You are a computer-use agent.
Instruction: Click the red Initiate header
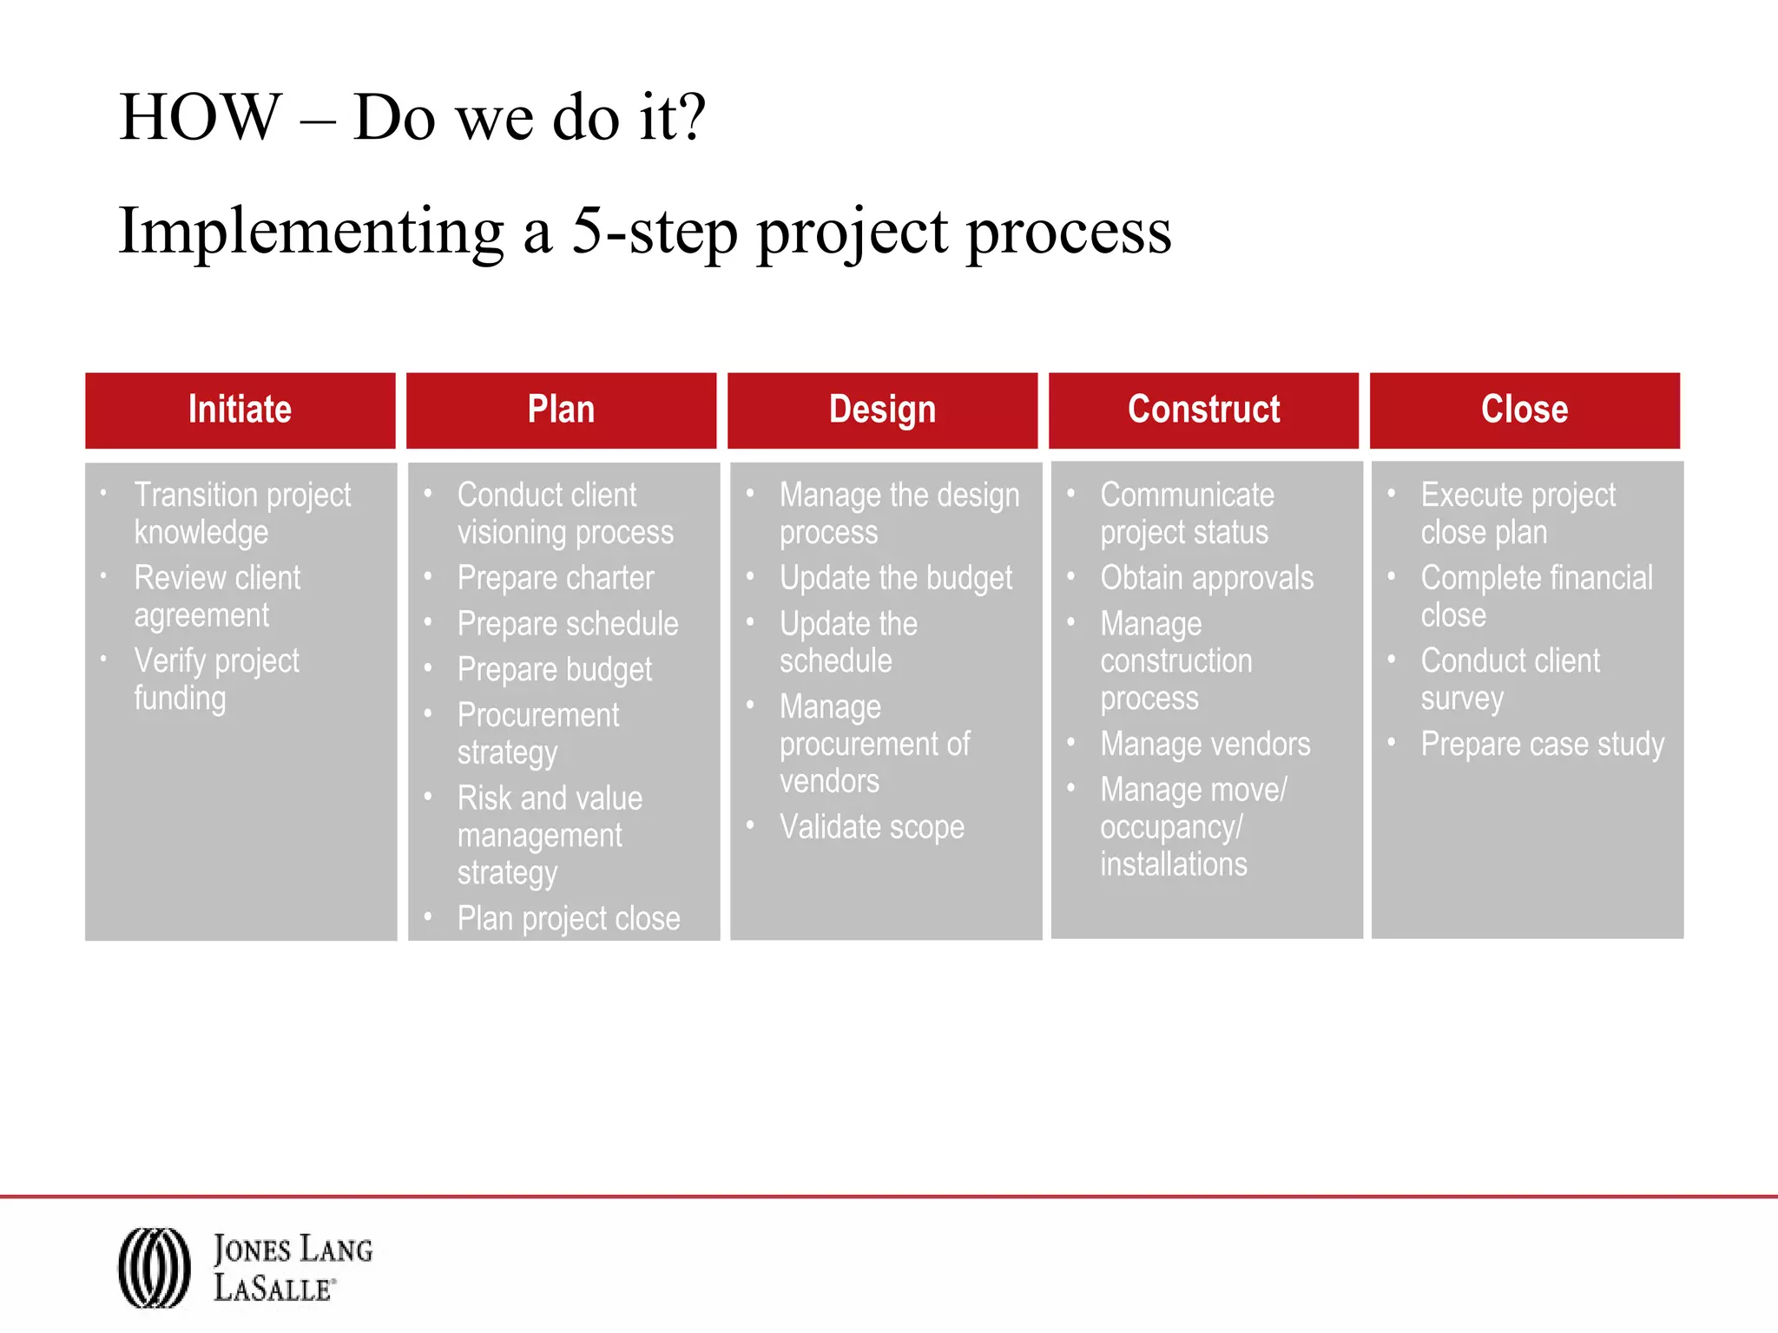pyautogui.click(x=240, y=410)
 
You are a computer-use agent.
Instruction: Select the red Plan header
pyautogui.click(x=561, y=410)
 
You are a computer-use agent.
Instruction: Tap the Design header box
pyautogui.click(x=882, y=410)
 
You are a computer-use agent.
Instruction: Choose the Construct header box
pyautogui.click(x=1203, y=410)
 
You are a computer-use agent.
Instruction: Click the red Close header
pyautogui.click(x=1524, y=410)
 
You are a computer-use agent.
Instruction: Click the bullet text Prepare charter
pyautogui.click(x=556, y=578)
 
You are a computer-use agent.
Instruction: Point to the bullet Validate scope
pyautogui.click(x=872, y=827)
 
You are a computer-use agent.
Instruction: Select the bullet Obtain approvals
pyautogui.click(x=1207, y=578)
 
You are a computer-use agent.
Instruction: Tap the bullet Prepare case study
pyautogui.click(x=1543, y=745)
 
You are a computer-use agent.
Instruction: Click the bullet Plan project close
pyautogui.click(x=569, y=918)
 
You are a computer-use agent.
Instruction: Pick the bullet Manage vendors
pyautogui.click(x=1205, y=745)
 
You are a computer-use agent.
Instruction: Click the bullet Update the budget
pyautogui.click(x=896, y=578)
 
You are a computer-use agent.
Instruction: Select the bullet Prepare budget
pyautogui.click(x=554, y=670)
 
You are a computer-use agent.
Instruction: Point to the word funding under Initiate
pyautogui.click(x=180, y=699)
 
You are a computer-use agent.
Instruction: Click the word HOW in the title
pyautogui.click(x=200, y=117)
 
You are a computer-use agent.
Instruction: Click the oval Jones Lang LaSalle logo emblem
pyautogui.click(x=155, y=1267)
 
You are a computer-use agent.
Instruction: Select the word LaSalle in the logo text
pyautogui.click(x=273, y=1288)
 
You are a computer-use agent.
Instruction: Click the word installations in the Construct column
pyautogui.click(x=1173, y=864)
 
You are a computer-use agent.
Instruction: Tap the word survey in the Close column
pyautogui.click(x=1462, y=699)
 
